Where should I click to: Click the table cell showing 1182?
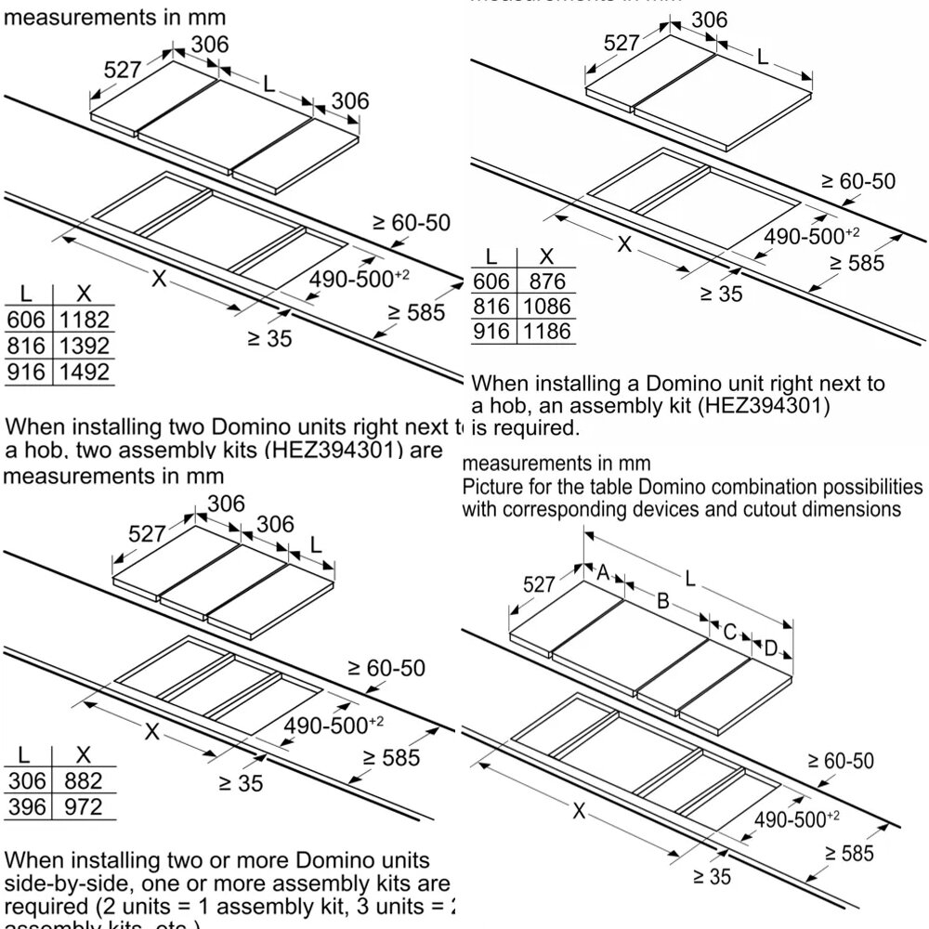click(85, 321)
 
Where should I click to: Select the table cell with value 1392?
click(85, 347)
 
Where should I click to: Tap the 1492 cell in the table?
click(85, 373)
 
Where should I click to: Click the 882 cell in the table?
click(84, 780)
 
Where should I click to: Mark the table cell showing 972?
click(84, 806)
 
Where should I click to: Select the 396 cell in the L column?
click(26, 806)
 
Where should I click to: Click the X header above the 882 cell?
click(83, 755)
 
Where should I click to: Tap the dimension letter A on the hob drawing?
click(602, 574)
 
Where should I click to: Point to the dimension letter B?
click(662, 601)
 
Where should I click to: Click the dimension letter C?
click(729, 633)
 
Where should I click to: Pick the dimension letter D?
click(769, 648)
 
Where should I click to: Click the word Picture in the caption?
click(491, 488)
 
